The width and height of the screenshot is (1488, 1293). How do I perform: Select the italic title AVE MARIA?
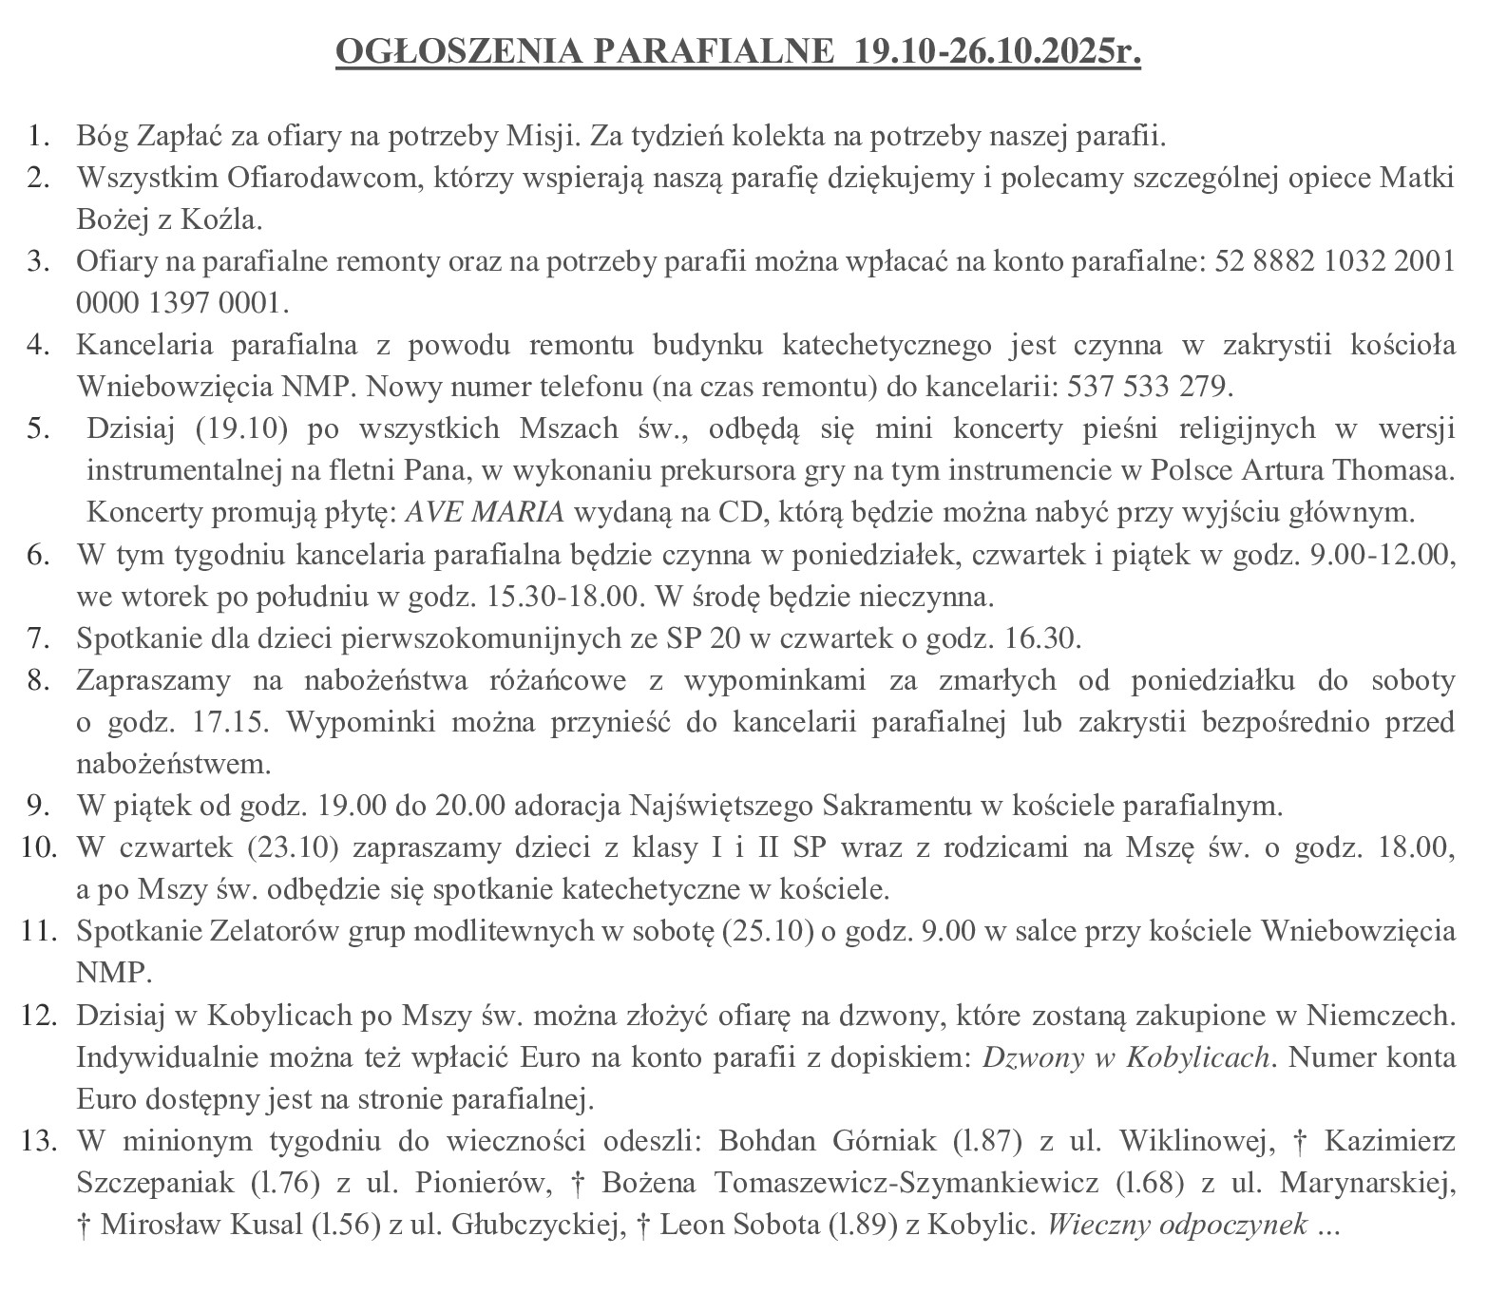point(485,512)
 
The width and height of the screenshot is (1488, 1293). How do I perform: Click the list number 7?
point(38,637)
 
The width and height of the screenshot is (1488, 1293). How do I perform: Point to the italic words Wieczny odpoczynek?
point(1176,1225)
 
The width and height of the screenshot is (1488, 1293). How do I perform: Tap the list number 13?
point(34,1141)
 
